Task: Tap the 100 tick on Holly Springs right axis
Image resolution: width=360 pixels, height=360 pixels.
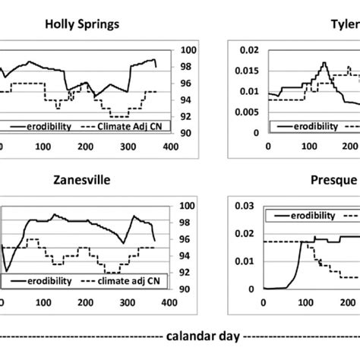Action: pos(188,50)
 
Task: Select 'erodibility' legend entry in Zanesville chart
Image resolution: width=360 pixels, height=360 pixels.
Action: pos(49,280)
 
